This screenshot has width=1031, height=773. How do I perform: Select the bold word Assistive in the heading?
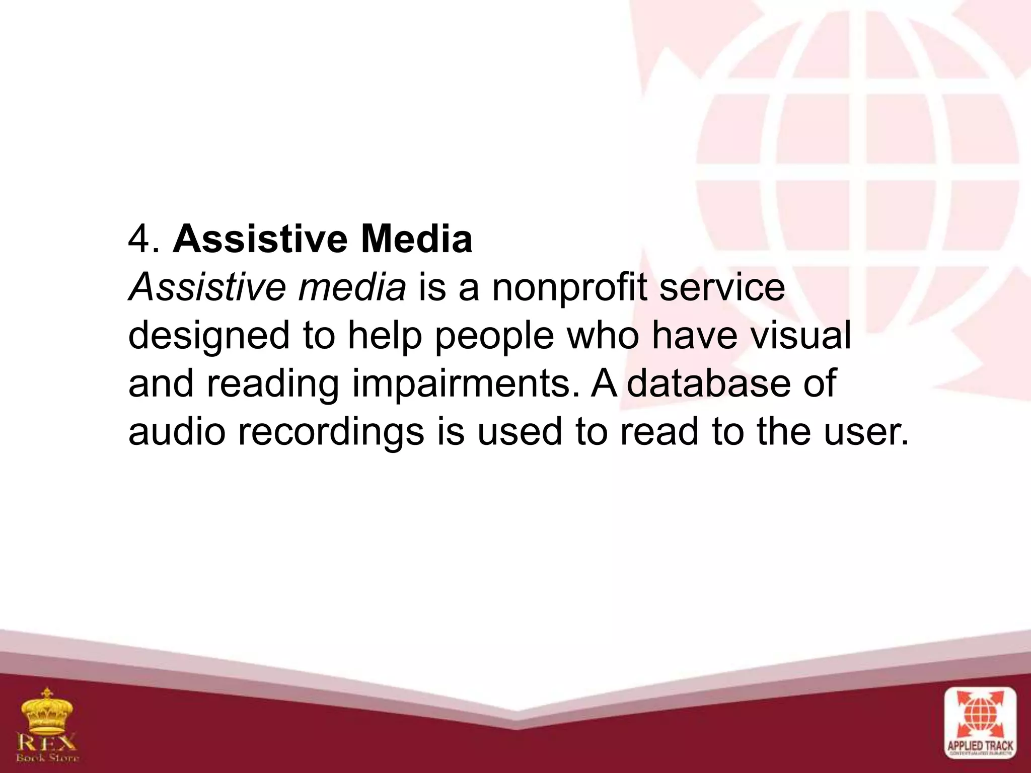tap(260, 240)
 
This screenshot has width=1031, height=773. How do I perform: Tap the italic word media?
tap(352, 288)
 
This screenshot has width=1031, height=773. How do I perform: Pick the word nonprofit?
tap(568, 289)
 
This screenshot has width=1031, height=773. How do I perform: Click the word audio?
tap(177, 432)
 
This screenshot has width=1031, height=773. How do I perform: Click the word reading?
tap(272, 384)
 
